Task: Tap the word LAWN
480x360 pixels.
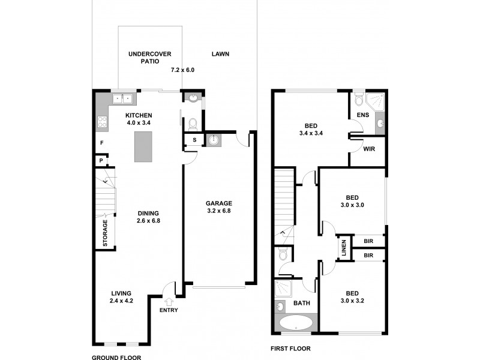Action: (220, 54)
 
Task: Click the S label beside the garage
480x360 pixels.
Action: (194, 140)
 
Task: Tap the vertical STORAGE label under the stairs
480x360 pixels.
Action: (104, 233)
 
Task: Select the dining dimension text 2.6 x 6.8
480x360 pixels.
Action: (148, 221)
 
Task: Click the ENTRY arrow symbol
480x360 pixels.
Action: (169, 302)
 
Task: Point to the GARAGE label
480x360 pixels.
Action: (218, 203)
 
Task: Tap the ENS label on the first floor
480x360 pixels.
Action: (362, 115)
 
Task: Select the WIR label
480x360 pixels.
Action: (369, 149)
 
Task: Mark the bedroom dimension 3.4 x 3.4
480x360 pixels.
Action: (310, 133)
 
